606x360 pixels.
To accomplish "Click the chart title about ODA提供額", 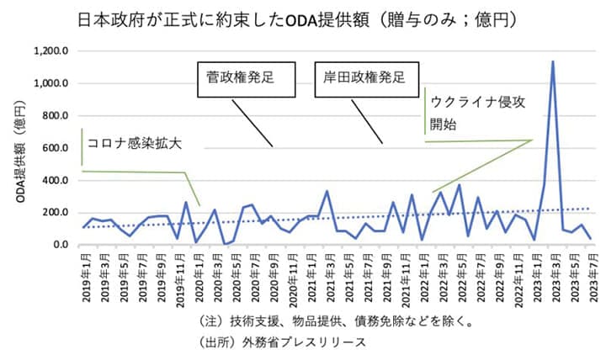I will pos(302,19).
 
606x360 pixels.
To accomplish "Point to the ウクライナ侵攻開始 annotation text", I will pos(477,111).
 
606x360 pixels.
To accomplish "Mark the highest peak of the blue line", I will pos(553,61).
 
